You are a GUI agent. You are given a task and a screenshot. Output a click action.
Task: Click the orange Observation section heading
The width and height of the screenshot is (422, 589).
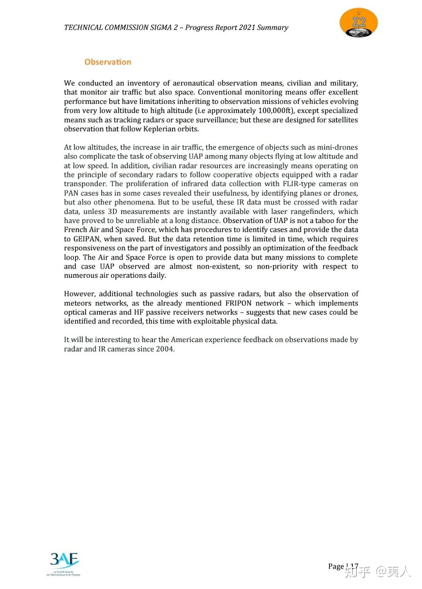(x=108, y=62)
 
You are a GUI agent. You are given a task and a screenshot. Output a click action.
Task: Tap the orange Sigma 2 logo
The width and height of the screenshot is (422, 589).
(x=359, y=23)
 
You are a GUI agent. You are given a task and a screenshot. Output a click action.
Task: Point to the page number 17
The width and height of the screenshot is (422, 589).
(x=354, y=566)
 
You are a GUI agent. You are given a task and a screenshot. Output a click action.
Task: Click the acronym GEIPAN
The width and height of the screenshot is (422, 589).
(x=86, y=239)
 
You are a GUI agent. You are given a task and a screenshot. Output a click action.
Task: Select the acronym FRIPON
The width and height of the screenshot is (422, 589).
(x=238, y=303)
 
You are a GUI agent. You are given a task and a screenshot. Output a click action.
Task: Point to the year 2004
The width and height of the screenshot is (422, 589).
(x=165, y=349)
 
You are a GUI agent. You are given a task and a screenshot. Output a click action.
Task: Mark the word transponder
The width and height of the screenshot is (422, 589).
(x=85, y=184)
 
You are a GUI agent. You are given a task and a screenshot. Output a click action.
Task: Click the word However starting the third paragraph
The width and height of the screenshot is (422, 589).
(x=79, y=294)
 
